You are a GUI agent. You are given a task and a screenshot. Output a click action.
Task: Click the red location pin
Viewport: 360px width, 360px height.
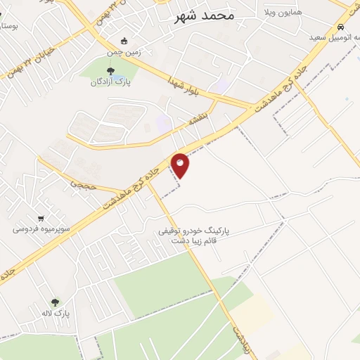[x=181, y=165]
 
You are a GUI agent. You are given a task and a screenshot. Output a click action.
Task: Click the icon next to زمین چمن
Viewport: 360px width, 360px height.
[x=124, y=41]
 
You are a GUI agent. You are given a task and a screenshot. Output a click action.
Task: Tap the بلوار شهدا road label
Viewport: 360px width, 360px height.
[x=185, y=87]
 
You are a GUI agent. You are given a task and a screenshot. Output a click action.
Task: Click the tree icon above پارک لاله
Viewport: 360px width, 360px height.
[x=56, y=302]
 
